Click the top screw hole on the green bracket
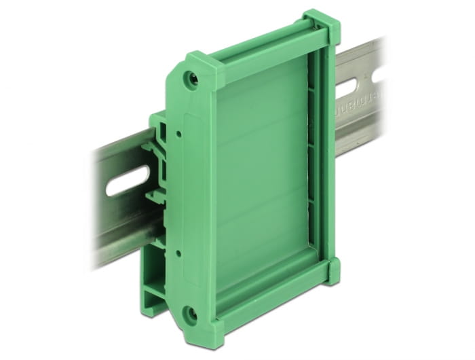193,79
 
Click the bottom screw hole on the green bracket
192,314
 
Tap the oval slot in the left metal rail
127,181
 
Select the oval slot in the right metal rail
345,88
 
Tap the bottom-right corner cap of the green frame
332,270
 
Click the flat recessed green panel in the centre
261,183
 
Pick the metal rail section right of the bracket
360,102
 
